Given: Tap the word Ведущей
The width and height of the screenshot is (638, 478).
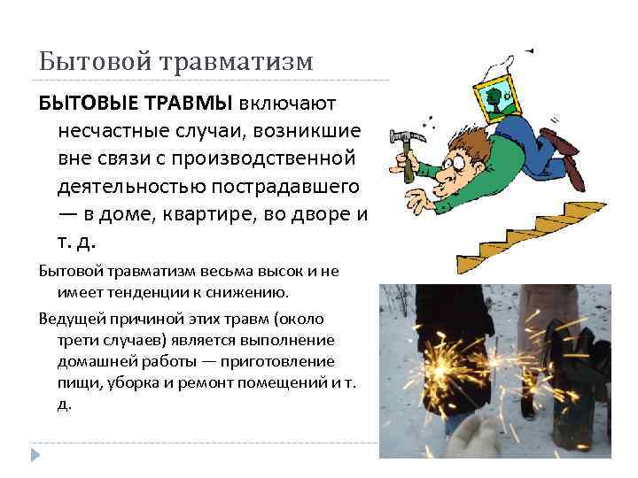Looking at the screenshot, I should (66, 318).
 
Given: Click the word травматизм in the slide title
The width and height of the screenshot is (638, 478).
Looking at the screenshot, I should (235, 62).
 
